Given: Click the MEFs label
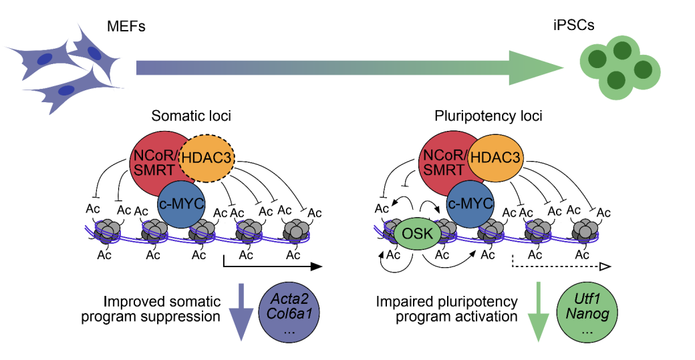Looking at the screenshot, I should [126, 27].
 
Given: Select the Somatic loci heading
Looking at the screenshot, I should [191, 116].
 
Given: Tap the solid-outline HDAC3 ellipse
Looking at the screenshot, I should [495, 158].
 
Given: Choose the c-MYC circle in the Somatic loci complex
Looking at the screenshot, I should [180, 203].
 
